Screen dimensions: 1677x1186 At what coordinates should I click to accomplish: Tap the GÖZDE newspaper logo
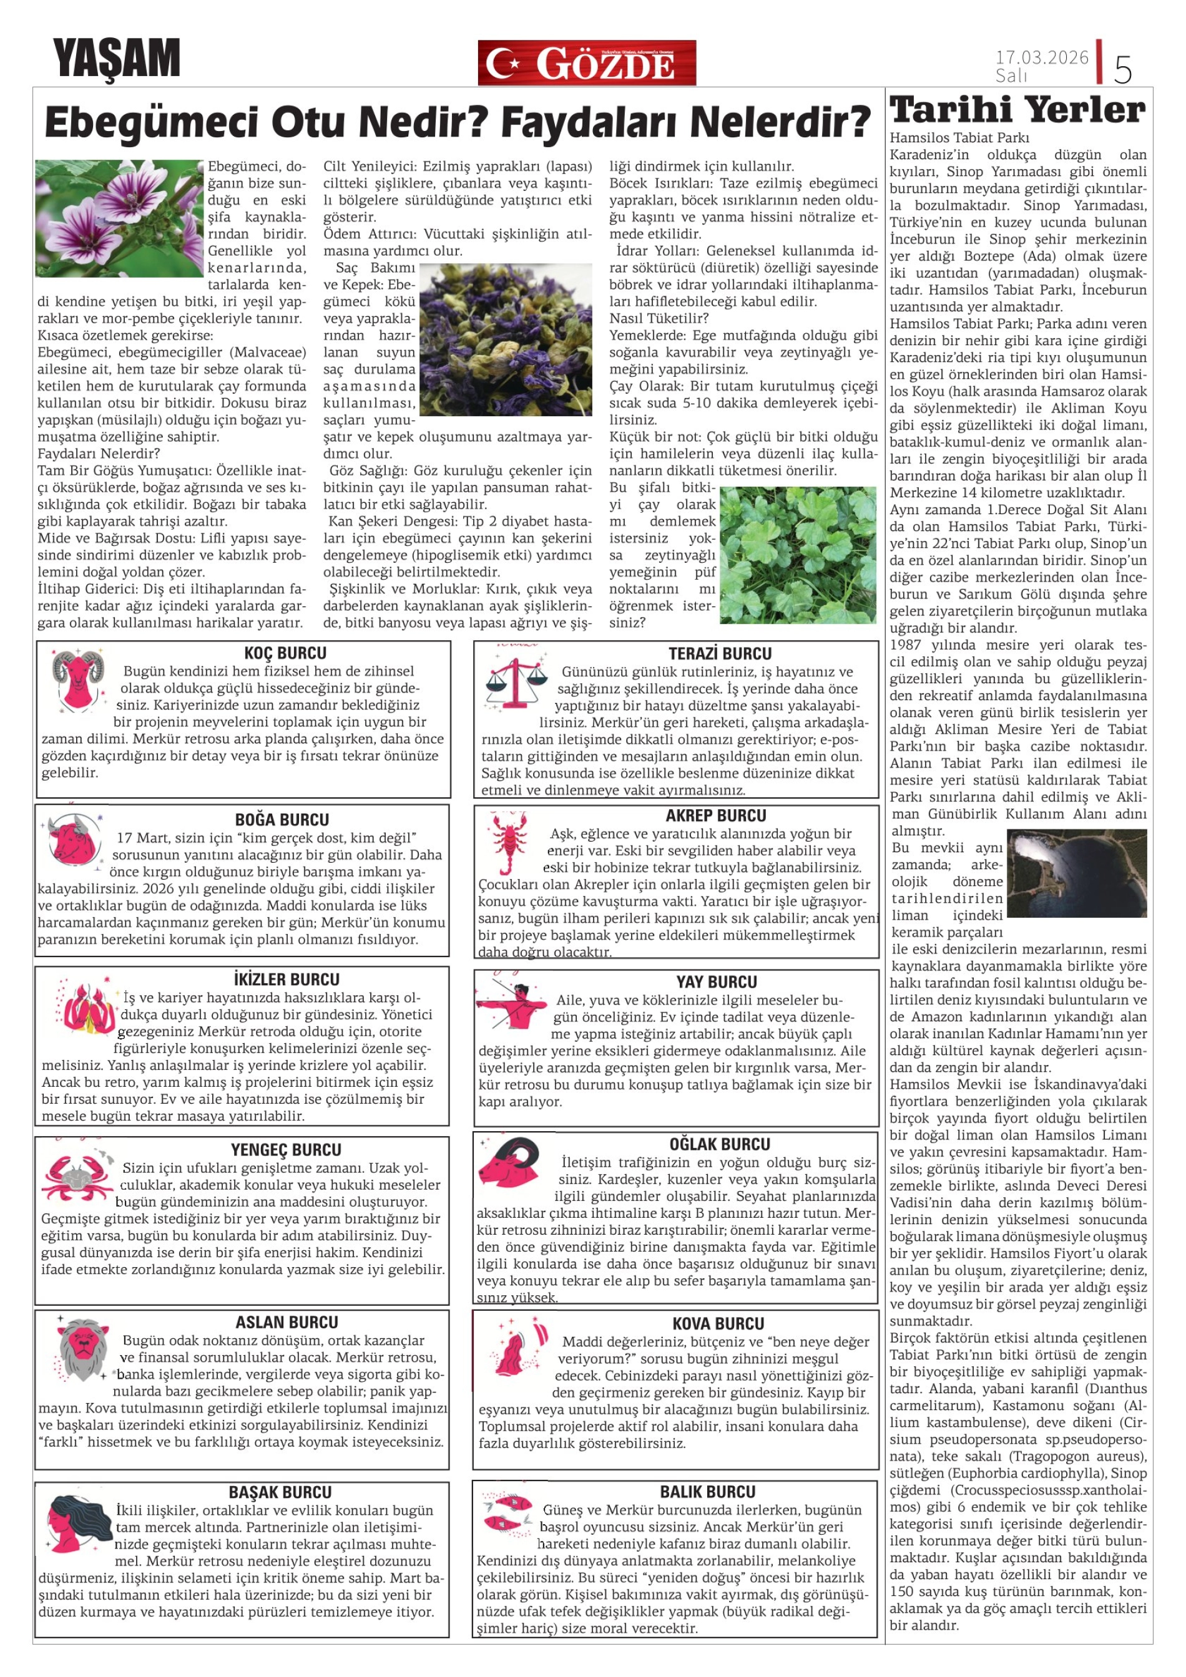pyautogui.click(x=587, y=63)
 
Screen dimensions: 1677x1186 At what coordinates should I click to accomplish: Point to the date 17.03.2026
pyautogui.click(x=1041, y=57)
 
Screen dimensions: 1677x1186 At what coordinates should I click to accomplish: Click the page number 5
pyautogui.click(x=1122, y=69)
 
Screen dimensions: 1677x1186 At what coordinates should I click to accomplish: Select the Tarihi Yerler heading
pyautogui.click(x=1017, y=110)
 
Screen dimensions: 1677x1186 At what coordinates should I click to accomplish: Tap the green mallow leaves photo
pyautogui.click(x=797, y=555)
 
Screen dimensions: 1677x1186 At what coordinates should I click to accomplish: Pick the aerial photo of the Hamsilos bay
pyautogui.click(x=1076, y=873)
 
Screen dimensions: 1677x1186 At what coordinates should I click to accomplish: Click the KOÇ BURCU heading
pyautogui.click(x=285, y=653)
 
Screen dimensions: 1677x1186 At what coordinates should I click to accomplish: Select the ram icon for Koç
pyautogui.click(x=78, y=679)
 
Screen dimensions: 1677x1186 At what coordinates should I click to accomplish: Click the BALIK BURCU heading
pyautogui.click(x=707, y=1492)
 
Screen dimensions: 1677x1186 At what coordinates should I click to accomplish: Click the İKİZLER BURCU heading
pyautogui.click(x=287, y=979)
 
